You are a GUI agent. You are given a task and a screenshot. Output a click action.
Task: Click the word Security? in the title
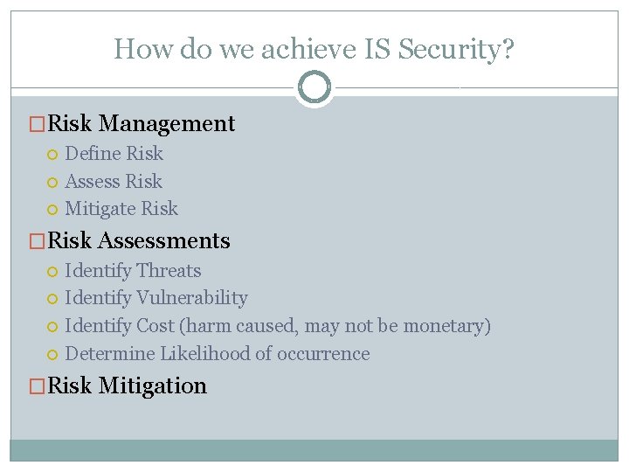[x=456, y=49]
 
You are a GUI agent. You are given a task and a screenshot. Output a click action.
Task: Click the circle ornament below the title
[x=314, y=87]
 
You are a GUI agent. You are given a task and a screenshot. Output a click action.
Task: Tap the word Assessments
[x=164, y=241]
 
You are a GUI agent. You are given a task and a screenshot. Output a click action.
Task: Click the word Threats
[x=169, y=271]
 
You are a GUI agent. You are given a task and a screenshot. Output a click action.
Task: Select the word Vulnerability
[x=192, y=298]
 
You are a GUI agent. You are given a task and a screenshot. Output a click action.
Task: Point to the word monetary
[x=446, y=326]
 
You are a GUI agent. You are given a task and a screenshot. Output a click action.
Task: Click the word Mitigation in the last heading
[x=153, y=386]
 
